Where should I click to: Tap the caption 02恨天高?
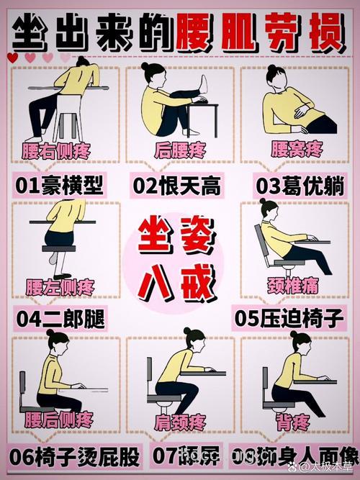[176, 186]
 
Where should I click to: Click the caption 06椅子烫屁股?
[75, 456]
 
